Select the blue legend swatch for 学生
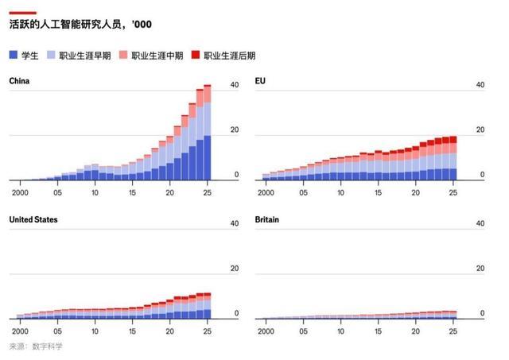coord(14,56)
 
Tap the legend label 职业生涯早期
coord(84,56)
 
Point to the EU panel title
coord(259,80)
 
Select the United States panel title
coord(33,219)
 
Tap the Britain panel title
coord(268,219)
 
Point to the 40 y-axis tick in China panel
coord(234,85)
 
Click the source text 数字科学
coord(48,346)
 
